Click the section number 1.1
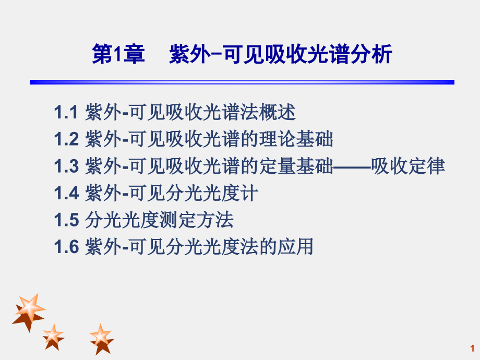coord(66,112)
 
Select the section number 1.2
coord(66,139)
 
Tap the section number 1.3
coord(66,166)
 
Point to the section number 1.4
coord(66,194)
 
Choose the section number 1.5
coord(66,220)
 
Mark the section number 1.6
coord(66,247)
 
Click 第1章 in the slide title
coord(118,55)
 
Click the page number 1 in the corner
coord(472,348)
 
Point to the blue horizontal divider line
coord(242,82)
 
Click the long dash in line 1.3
coord(352,167)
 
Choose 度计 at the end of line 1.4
coord(244,194)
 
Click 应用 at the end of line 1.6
coord(300,247)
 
